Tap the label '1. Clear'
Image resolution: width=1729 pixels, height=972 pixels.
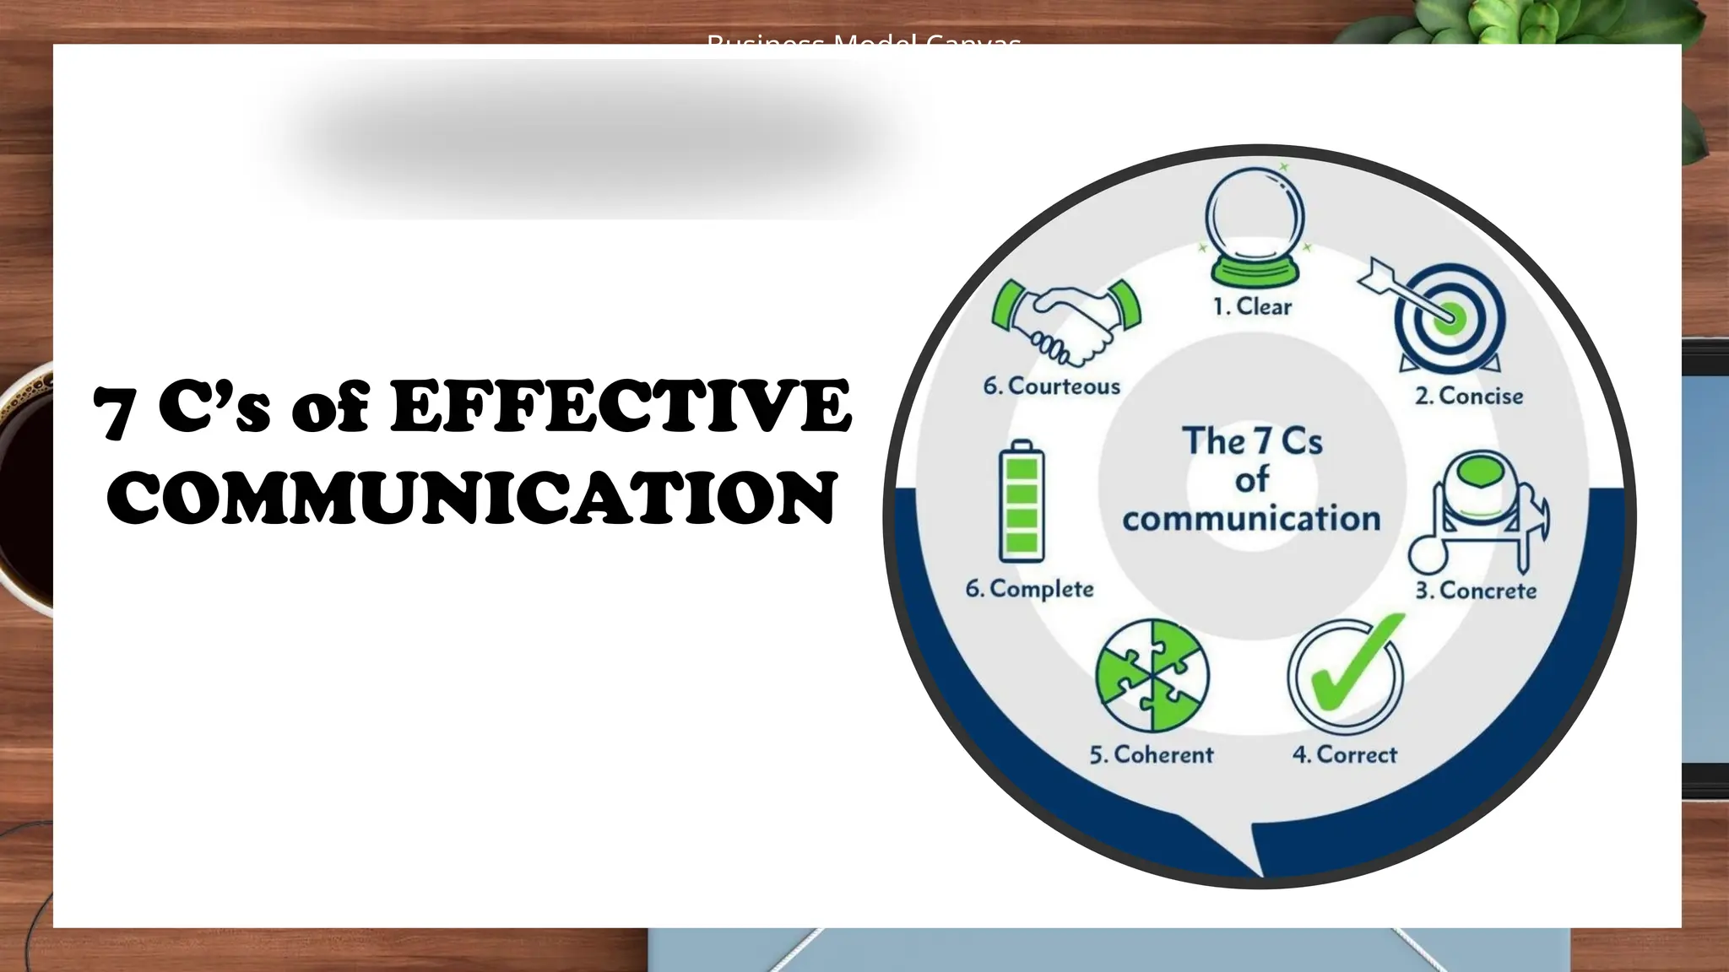coord(1252,306)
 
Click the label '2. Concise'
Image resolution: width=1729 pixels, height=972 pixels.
coord(1469,396)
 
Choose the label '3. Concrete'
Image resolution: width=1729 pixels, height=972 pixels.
coord(1476,591)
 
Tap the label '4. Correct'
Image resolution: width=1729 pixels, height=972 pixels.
coord(1344,754)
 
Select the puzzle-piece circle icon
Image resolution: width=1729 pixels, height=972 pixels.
coord(1152,676)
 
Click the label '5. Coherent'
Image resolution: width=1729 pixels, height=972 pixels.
coord(1151,754)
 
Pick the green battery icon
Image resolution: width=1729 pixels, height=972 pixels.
coord(1021,501)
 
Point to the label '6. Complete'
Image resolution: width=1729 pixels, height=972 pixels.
coord(1029,589)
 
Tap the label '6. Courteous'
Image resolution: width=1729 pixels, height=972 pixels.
coord(1051,386)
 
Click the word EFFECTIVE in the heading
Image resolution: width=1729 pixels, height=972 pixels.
coord(621,408)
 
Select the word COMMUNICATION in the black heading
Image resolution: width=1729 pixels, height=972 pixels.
coord(473,498)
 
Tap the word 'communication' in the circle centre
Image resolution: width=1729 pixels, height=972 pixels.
coord(1251,518)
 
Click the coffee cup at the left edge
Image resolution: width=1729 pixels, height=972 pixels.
coord(25,489)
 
